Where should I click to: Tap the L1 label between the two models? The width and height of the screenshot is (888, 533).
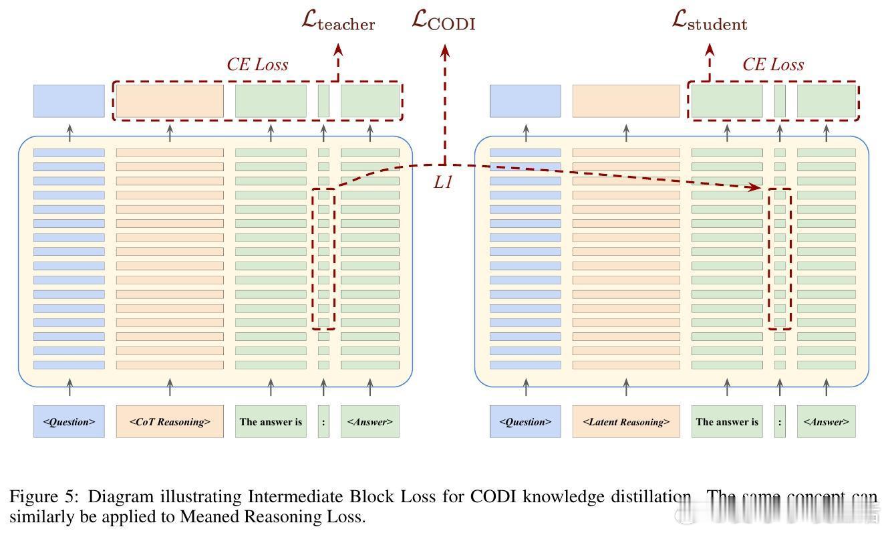443,182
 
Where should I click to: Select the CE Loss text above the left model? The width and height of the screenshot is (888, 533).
257,65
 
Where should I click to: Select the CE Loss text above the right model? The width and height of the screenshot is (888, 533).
773,65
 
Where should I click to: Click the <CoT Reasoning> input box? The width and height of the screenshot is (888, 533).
170,421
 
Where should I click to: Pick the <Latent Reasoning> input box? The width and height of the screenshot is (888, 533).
626,421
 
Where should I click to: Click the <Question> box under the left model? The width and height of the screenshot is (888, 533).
69,421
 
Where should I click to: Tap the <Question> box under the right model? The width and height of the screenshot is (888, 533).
525,421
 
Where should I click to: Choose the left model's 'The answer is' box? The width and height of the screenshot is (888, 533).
271,421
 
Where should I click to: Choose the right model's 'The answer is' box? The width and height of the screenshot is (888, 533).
727,421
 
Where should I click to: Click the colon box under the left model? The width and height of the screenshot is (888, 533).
323,421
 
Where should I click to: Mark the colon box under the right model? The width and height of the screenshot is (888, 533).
780,421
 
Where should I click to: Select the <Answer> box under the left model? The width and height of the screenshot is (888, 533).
369,421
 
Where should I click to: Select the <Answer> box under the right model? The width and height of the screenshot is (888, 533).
826,421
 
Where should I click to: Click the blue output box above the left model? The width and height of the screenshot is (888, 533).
69,101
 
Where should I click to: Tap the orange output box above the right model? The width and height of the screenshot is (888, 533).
626,101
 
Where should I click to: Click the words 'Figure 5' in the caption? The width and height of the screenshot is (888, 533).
43,497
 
